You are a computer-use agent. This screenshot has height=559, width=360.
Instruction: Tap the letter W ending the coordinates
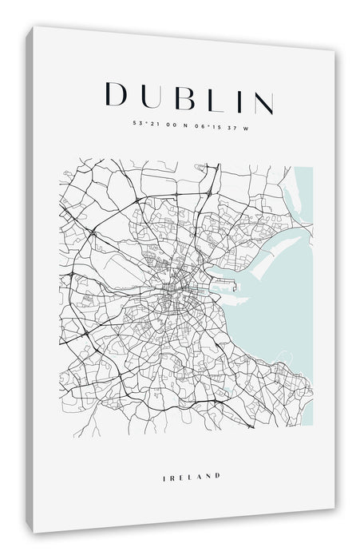[247, 125]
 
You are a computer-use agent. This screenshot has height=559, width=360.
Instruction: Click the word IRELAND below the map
[191, 454]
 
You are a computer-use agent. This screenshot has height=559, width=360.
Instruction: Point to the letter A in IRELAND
[198, 454]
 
